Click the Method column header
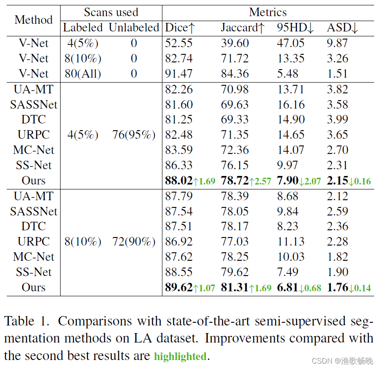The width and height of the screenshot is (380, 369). click(33, 20)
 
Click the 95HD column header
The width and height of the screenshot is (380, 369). click(295, 28)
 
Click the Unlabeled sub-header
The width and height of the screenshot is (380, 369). click(134, 28)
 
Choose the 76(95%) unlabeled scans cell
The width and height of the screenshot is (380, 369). click(134, 135)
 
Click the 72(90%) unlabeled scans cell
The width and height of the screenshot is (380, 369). click(134, 242)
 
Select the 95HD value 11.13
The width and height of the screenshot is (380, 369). click(290, 242)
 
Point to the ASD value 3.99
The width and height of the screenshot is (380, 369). click(337, 119)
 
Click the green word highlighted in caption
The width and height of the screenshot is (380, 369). click(180, 357)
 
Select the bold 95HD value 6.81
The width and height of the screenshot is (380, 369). click(287, 287)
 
